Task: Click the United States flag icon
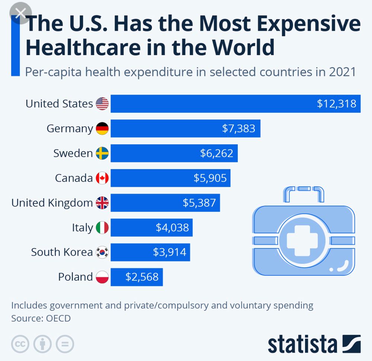coord(102,104)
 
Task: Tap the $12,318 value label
coord(336,104)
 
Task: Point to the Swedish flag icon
coord(102,153)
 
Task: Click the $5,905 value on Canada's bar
coord(210,178)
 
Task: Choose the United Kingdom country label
coord(52,203)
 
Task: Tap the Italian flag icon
coord(102,228)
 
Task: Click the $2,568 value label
coord(142,277)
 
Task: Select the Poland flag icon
coord(102,277)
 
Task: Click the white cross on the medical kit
coord(303,240)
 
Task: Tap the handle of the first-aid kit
coord(303,193)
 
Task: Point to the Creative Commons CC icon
coord(20,344)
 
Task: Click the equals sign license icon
coord(65,344)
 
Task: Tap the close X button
coord(21,14)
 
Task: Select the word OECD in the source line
coord(58,318)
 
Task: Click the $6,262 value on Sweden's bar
coord(217,153)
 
